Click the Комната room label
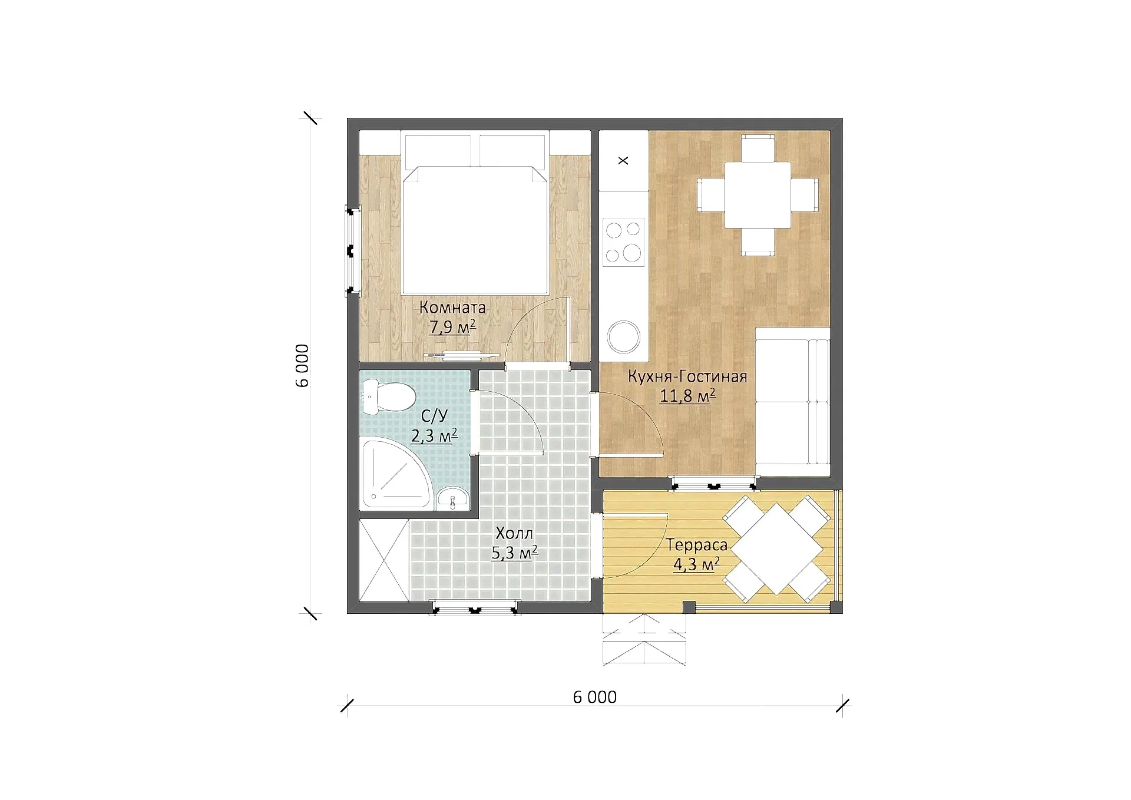[452, 308]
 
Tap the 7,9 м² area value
[452, 327]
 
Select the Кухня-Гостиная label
[687, 376]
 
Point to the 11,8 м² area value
[687, 395]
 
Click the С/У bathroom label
[434, 416]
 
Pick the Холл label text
[514, 534]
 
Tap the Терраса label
[697, 546]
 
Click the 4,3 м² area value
[696, 565]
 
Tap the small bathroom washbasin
[452, 498]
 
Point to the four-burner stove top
[623, 242]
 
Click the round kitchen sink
[624, 337]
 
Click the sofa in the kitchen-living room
[793, 401]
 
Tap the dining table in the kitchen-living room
[758, 195]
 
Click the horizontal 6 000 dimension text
[595, 697]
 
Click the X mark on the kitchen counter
[623, 160]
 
